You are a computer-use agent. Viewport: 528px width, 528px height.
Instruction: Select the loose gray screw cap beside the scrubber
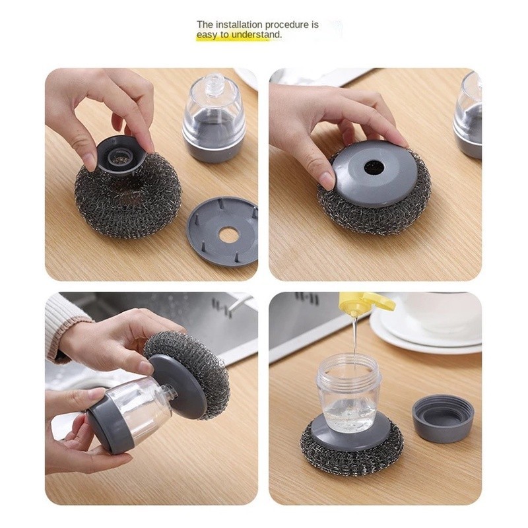coord(443,418)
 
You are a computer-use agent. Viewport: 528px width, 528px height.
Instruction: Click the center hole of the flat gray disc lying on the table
coord(229,234)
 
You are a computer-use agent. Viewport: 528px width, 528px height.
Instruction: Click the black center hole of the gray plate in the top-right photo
coord(374,168)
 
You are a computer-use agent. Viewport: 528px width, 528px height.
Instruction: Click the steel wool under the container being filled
coord(350,455)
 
